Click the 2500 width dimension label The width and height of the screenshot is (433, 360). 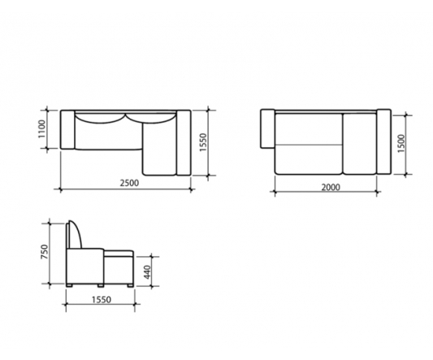tap(129, 183)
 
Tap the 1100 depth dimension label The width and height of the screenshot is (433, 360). tap(41, 128)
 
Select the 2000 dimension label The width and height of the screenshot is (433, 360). tap(331, 188)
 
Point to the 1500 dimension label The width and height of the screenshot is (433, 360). tap(401, 143)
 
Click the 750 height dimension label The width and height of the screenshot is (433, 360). tap(45, 252)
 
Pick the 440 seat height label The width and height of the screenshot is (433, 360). tap(148, 272)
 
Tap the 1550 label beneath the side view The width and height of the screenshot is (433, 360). tap(102, 300)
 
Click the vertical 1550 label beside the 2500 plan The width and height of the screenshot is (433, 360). tap(203, 142)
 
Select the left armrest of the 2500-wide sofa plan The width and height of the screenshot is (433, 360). tap(67, 129)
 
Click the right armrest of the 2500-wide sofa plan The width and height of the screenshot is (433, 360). tap(184, 142)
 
